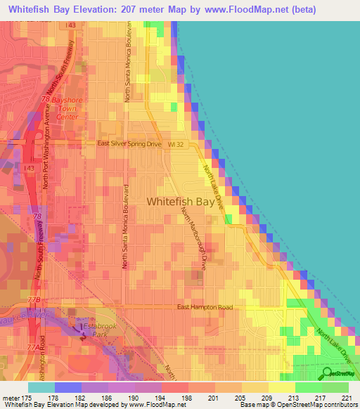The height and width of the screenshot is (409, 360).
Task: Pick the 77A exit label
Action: (x=33, y=347)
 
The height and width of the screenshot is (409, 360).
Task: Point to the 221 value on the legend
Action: (x=346, y=398)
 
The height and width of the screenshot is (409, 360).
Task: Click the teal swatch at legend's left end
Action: (x=41, y=387)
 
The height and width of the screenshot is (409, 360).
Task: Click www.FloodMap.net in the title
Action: (x=252, y=9)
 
